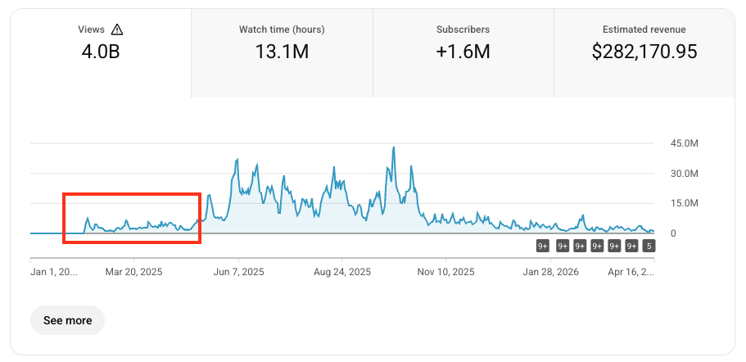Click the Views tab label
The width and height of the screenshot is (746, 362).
click(91, 29)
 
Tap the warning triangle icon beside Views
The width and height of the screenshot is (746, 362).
click(116, 29)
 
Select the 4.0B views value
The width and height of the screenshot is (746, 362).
click(101, 52)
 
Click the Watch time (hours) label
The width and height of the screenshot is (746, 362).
click(282, 29)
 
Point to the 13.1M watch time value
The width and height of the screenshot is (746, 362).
click(282, 52)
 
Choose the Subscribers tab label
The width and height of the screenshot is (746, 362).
click(463, 29)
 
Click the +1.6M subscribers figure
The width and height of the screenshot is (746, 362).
click(463, 52)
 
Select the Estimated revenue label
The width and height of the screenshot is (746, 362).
click(644, 29)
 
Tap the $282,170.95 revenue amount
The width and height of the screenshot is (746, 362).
click(644, 52)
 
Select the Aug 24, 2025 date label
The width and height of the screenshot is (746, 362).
click(342, 271)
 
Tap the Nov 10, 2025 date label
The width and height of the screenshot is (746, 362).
click(446, 271)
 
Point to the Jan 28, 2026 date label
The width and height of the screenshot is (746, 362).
click(550, 271)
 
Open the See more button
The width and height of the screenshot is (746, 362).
click(67, 320)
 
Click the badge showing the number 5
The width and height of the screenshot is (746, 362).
click(649, 246)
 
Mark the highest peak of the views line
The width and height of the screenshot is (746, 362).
click(394, 147)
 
